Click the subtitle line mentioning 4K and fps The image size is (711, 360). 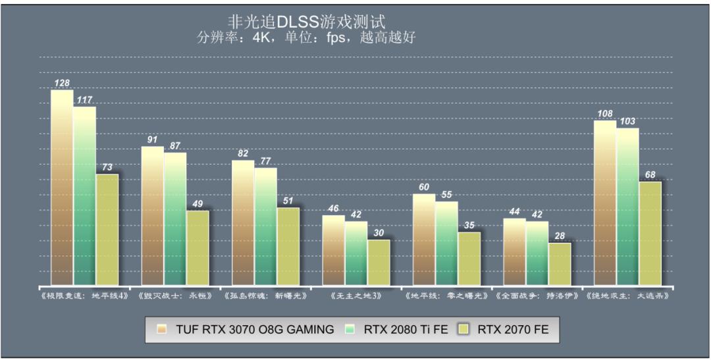coord(306,38)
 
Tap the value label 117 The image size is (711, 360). coord(84,100)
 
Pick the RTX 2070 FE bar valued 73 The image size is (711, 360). coord(107,230)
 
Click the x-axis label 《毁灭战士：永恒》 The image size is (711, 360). coord(174,296)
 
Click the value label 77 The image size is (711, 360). coord(265,161)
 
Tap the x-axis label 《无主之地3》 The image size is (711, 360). coord(355,296)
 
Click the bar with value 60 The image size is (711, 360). coord(423,240)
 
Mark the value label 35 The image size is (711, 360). coord(469,225)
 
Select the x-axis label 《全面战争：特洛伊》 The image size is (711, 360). coord(537,296)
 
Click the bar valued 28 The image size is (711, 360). coord(559,264)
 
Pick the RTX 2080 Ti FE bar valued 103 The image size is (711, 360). coord(627,207)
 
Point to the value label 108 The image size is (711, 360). coord(605,114)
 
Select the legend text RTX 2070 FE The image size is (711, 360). coord(513,330)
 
